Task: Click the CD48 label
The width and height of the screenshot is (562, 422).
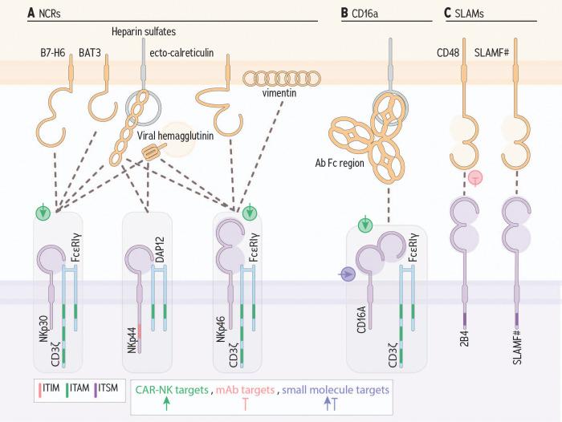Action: point(448,54)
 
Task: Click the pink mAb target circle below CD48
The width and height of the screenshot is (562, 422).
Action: point(475,177)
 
